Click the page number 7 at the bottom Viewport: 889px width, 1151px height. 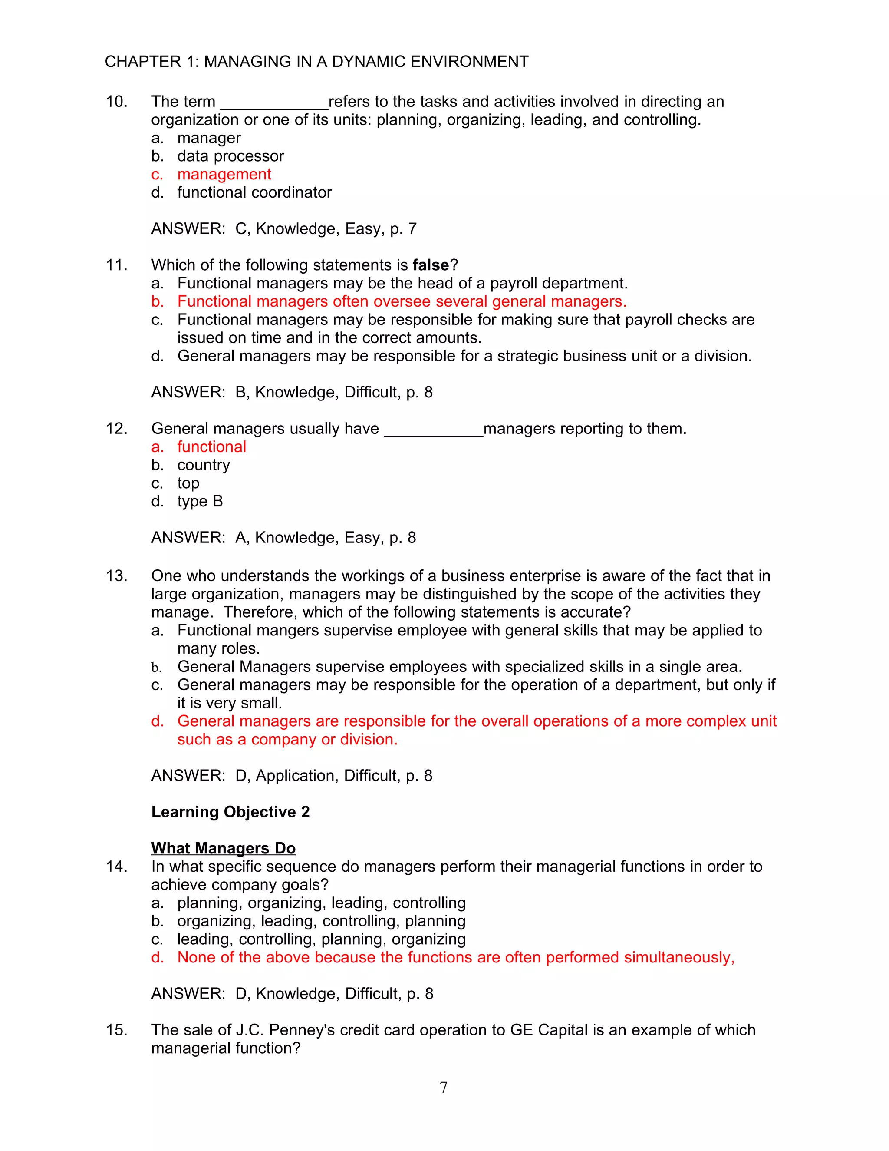pos(444,1087)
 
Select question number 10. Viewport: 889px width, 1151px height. pos(116,102)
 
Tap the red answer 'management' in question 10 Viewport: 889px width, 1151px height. pos(224,175)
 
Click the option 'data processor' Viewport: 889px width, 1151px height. pos(230,156)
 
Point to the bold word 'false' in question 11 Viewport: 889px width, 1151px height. pos(430,265)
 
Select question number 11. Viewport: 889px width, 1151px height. pos(116,265)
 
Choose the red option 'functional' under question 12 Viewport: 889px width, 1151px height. pos(212,447)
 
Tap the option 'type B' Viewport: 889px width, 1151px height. pos(200,501)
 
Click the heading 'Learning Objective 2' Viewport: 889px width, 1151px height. pos(230,812)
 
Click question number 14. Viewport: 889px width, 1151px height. pos(116,867)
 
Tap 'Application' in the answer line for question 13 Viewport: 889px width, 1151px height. pos(296,776)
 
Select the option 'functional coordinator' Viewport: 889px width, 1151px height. pos(254,192)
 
